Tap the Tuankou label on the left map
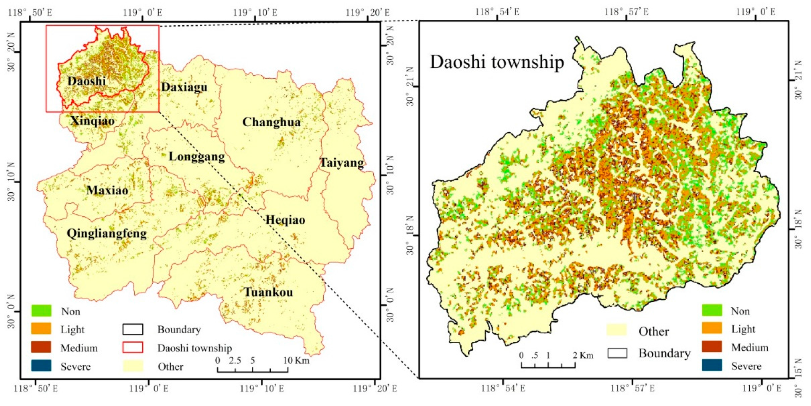[x=269, y=292]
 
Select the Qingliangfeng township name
[x=107, y=234]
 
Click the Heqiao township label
[x=285, y=220]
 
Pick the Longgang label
[x=197, y=156]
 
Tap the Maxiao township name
[x=107, y=190]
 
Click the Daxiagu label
[x=184, y=87]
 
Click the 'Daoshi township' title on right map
[x=497, y=62]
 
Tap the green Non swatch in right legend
[x=712, y=310]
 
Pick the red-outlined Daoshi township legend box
[x=133, y=347]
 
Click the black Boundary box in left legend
[x=133, y=329]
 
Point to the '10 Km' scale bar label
[x=296, y=360]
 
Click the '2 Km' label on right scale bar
[x=583, y=355]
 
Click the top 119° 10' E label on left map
[x=255, y=13]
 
